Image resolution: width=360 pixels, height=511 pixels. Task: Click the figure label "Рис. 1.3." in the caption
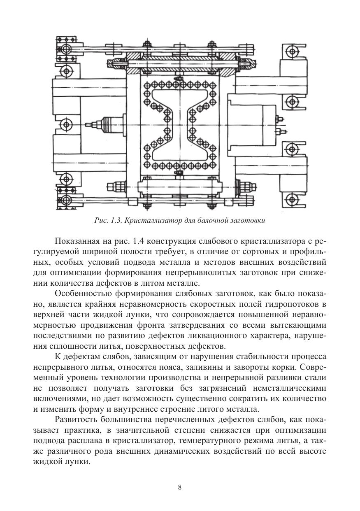[107, 220]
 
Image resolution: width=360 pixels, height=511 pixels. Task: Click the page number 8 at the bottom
[180, 488]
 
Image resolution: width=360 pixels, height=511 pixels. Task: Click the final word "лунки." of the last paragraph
[81, 462]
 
